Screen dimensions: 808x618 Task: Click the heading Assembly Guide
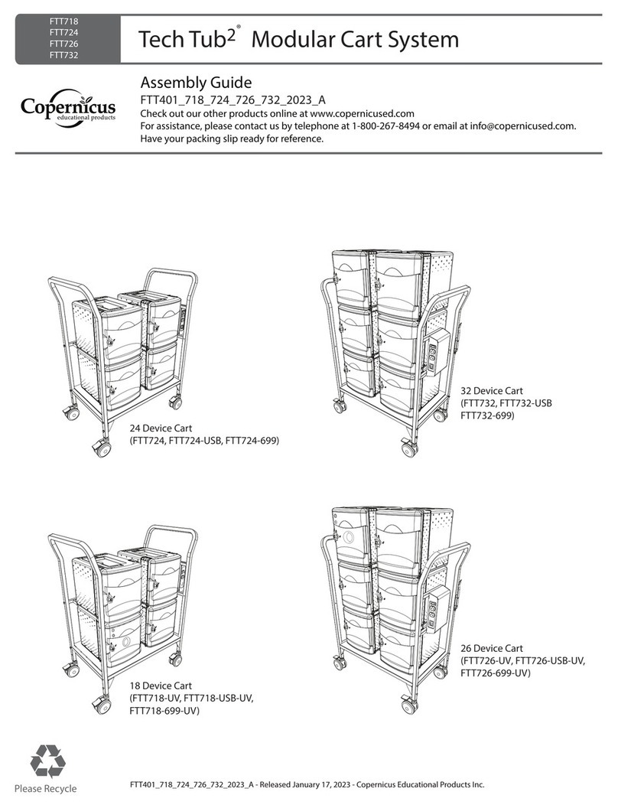click(x=197, y=83)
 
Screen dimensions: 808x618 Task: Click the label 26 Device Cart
click(x=491, y=647)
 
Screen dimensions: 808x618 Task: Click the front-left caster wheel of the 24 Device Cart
click(x=99, y=450)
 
